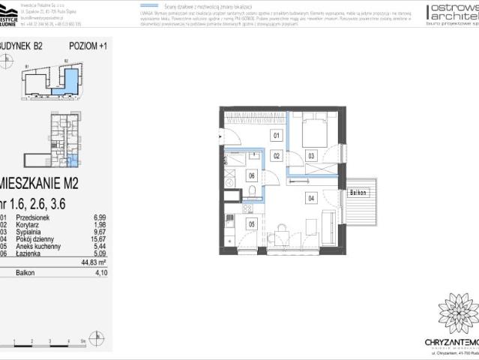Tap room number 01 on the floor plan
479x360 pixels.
tap(276, 136)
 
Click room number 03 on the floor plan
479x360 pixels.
tap(311, 156)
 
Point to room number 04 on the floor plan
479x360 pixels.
tap(310, 198)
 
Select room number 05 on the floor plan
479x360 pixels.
tap(252, 223)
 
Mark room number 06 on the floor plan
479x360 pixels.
tap(252, 175)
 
